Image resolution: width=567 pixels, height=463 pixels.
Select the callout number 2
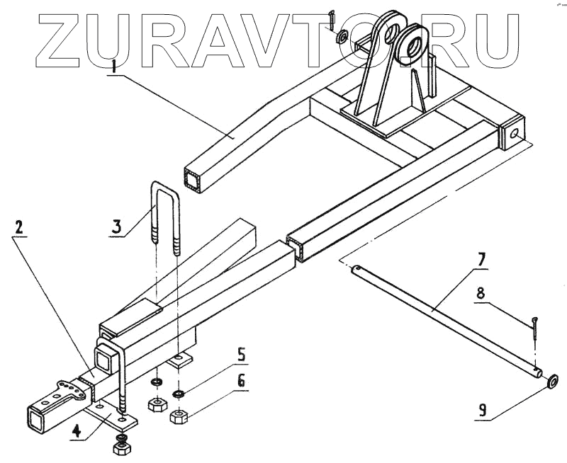[20, 228]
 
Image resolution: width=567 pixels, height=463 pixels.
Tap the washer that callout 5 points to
[179, 393]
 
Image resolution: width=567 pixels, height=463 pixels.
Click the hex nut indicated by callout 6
[179, 411]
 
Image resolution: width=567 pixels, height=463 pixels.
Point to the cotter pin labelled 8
[535, 330]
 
